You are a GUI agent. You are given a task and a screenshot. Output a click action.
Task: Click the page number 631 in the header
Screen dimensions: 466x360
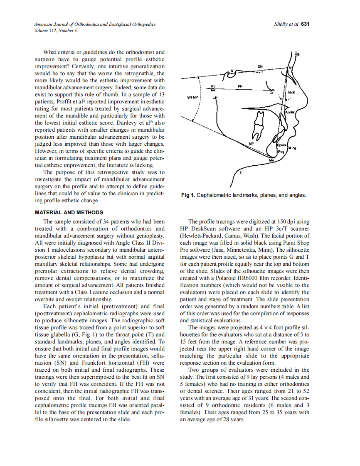pyautogui.click(x=305, y=24)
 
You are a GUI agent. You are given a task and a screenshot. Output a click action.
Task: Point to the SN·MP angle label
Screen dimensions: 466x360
pyautogui.click(x=193, y=97)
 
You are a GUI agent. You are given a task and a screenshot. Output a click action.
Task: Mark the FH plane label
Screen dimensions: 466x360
pyautogui.click(x=240, y=86)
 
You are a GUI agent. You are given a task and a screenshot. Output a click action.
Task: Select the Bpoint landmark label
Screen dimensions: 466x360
pyautogui.click(x=281, y=145)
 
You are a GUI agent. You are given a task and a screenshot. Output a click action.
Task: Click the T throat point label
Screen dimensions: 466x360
pyautogui.click(x=241, y=172)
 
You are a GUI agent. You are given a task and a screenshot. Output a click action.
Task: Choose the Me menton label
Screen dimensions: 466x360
pyautogui.click(x=271, y=160)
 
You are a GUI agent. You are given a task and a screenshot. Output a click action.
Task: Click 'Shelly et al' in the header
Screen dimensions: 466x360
pyautogui.click(x=286, y=24)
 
